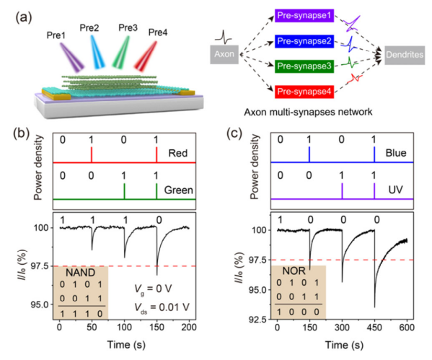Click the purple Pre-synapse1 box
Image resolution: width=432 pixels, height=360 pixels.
click(304, 15)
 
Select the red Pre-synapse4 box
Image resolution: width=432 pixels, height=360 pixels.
click(304, 92)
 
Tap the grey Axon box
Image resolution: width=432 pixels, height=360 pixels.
click(224, 54)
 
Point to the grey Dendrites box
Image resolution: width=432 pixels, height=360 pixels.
click(405, 55)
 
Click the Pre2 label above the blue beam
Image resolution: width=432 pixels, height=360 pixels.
click(89, 28)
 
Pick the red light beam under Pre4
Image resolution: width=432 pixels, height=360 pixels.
click(146, 56)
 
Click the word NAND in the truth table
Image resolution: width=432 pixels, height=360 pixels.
click(81, 273)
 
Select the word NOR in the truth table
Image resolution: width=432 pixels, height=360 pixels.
click(294, 271)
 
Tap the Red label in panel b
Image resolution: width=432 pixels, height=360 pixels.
click(178, 153)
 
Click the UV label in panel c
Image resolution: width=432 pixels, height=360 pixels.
click(396, 189)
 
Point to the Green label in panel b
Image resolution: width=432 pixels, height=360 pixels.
click(179, 190)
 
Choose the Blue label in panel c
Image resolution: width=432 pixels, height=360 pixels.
click(396, 153)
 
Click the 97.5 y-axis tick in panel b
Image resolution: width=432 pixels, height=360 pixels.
click(41, 266)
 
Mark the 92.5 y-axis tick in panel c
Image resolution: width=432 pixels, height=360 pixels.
click(259, 320)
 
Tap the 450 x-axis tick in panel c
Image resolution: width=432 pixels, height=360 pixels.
click(375, 328)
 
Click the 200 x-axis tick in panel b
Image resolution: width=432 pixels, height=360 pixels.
click(189, 328)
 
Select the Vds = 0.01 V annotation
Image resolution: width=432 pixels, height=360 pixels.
click(162, 308)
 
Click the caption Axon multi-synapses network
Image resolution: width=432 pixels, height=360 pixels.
click(308, 112)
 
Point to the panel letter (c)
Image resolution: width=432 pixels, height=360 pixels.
click(234, 133)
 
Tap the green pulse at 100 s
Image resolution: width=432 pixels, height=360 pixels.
click(125, 190)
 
